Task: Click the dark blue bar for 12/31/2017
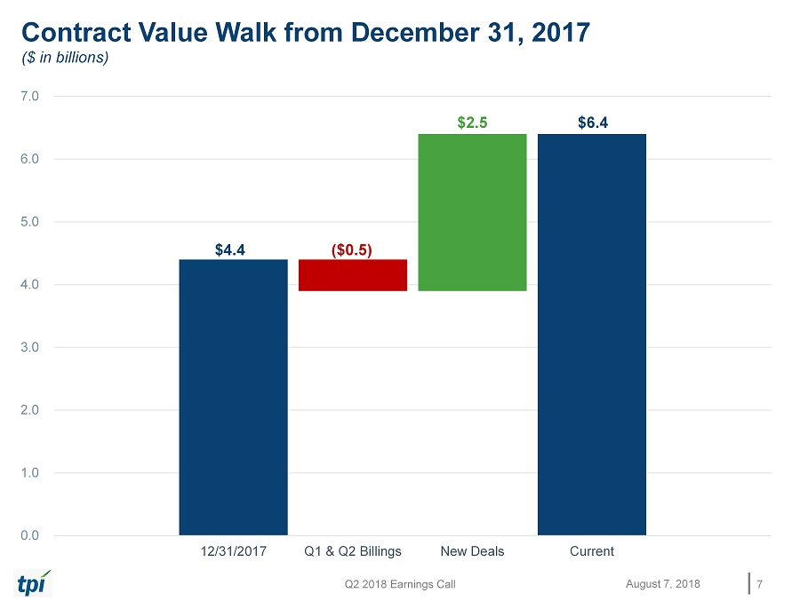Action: [x=233, y=397]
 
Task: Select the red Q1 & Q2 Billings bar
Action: [x=353, y=275]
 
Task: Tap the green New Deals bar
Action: [x=472, y=212]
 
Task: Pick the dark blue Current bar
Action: [x=592, y=335]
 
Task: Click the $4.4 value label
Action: [x=233, y=249]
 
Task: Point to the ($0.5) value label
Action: [x=352, y=249]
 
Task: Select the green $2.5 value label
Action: [x=472, y=123]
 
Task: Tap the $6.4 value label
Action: [x=593, y=123]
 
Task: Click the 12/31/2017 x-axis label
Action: [x=233, y=551]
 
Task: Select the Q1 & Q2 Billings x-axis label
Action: [x=353, y=551]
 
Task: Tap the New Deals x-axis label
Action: [x=472, y=551]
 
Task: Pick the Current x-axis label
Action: [x=592, y=551]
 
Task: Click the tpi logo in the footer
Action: [x=34, y=582]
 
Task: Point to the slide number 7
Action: [x=759, y=583]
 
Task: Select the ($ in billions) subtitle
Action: [x=65, y=58]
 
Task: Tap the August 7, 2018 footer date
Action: [x=662, y=583]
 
